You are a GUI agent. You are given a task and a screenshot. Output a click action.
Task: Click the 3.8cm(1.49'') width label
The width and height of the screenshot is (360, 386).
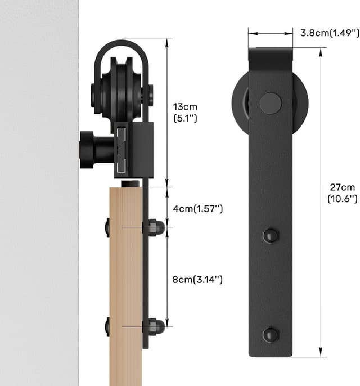[328, 33]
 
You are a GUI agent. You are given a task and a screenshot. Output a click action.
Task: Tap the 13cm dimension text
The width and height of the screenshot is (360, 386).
[185, 107]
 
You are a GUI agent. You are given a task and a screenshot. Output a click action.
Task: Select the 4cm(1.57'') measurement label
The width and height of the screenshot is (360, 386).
[198, 209]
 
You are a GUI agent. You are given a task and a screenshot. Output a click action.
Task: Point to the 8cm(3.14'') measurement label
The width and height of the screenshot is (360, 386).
[198, 279]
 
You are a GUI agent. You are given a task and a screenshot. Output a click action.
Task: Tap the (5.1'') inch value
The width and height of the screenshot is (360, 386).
[185, 119]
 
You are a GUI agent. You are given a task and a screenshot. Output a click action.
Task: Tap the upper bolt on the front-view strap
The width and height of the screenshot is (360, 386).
[271, 235]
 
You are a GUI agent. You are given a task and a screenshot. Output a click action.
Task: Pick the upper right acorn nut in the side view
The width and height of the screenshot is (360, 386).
[155, 227]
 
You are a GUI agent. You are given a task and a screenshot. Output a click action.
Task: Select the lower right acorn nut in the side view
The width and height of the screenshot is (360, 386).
[155, 326]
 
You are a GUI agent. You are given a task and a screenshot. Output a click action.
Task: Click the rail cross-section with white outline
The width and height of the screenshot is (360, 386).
[121, 149]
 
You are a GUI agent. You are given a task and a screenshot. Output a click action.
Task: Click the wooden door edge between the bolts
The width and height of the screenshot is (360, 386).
[125, 276]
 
